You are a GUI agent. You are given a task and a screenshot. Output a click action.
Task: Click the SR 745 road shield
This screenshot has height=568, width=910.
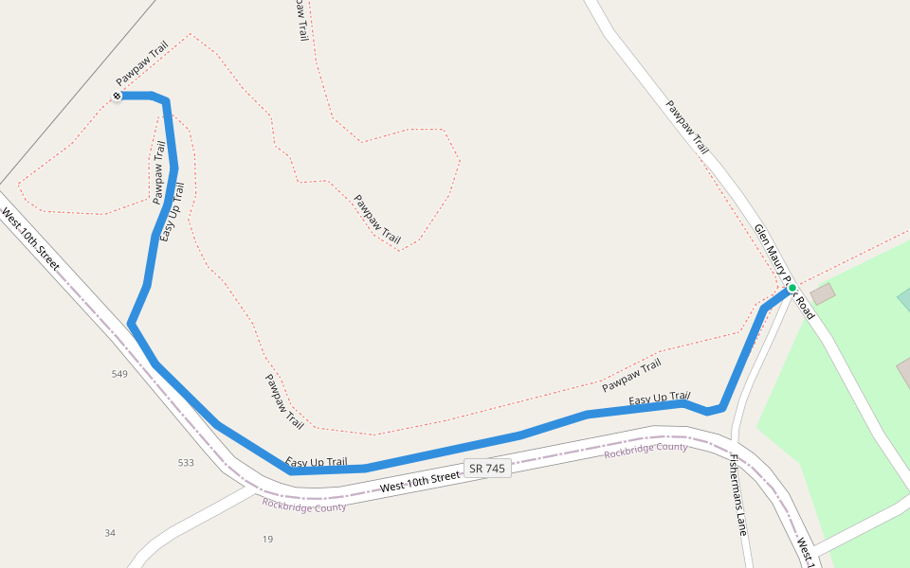pos(488,468)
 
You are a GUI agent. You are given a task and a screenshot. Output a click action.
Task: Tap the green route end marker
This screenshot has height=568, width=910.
pos(792,288)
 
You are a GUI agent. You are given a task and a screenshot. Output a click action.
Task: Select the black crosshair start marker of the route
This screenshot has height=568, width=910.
pos(117,96)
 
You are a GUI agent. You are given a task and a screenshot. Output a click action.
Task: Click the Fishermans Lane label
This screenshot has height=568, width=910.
pos(738,494)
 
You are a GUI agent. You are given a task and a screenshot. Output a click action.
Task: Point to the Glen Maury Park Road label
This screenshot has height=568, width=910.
pos(784,271)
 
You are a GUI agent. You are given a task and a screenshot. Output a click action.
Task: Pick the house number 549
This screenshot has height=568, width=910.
pos(119,374)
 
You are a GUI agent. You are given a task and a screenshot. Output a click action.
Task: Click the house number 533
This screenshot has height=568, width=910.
pos(186,463)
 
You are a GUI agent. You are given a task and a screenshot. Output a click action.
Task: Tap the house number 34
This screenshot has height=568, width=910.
pos(110,533)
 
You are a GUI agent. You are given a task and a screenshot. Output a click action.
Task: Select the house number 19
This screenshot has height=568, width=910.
pos(267,539)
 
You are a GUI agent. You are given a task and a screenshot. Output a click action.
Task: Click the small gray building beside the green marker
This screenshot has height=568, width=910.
pos(823,293)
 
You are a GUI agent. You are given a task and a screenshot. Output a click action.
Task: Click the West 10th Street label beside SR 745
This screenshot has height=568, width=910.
pos(419,482)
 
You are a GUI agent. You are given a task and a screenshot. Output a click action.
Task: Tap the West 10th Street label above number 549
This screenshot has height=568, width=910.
pos(30,240)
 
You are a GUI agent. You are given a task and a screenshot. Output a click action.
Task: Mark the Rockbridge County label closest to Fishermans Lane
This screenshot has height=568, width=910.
pos(646,451)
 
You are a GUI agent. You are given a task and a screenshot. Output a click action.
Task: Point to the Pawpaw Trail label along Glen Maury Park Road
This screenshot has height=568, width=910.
pos(686,128)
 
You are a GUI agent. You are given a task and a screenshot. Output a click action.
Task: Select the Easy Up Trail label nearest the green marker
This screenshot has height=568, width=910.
pos(660,399)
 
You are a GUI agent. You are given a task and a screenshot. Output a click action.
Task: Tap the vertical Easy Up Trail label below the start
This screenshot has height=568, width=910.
pos(172,211)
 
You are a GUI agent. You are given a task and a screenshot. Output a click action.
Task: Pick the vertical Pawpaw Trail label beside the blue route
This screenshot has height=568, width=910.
pos(158,172)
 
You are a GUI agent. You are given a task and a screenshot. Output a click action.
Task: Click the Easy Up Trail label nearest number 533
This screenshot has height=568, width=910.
pos(317,462)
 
